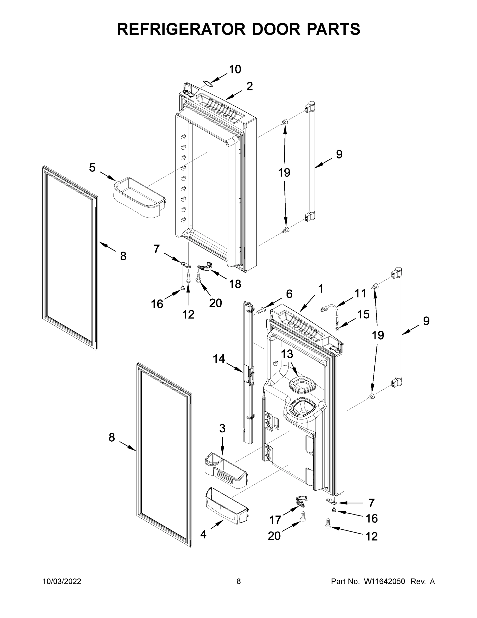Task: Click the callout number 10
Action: (235, 69)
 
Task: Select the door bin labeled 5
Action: (139, 198)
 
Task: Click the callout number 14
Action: (219, 359)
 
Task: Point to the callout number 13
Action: (287, 354)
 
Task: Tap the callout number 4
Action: (203, 534)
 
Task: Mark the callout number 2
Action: (249, 86)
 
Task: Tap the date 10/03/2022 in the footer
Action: (62, 581)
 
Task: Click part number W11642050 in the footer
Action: (384, 581)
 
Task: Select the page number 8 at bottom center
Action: (239, 581)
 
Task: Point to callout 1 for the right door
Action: (320, 289)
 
